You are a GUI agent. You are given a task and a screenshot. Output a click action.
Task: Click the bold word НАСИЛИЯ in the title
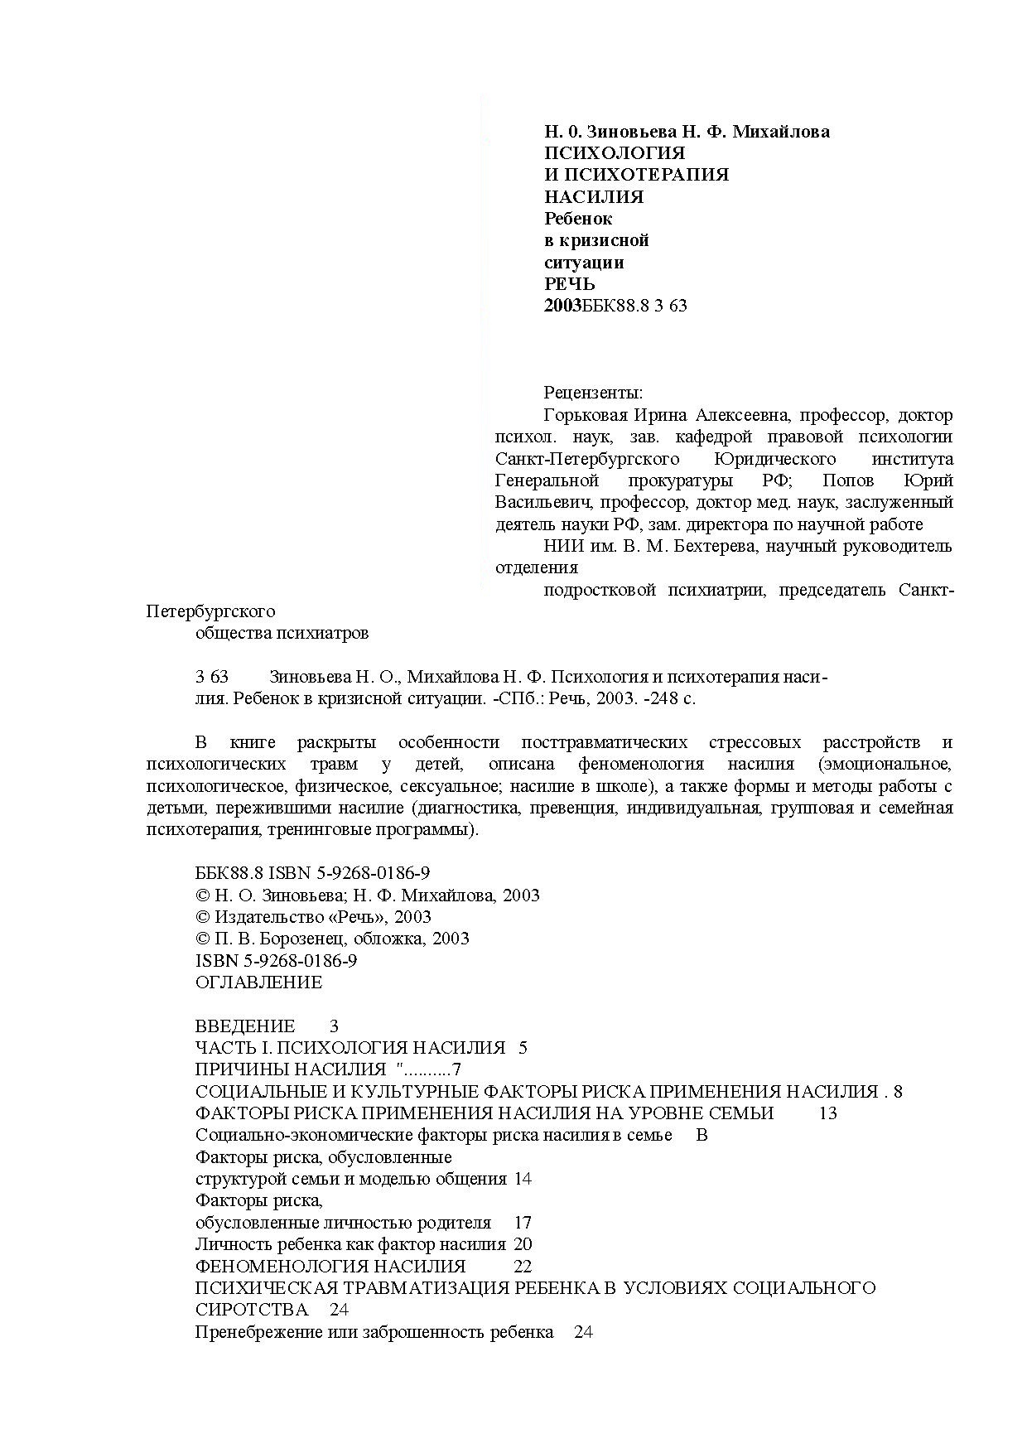[x=593, y=197]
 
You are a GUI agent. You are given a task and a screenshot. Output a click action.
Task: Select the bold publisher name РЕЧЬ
[x=570, y=284]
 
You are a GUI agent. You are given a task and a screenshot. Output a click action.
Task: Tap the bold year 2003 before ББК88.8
[x=562, y=306]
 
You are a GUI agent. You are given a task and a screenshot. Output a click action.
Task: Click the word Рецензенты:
[x=593, y=393]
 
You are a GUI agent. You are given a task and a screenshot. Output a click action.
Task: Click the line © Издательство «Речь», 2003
[x=313, y=917]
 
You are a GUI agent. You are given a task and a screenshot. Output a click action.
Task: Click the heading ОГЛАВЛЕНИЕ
[x=258, y=982]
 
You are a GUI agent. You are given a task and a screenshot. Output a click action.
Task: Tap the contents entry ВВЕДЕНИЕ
[x=244, y=1026]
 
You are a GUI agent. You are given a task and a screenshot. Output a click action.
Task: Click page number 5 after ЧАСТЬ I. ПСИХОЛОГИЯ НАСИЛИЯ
[x=523, y=1048]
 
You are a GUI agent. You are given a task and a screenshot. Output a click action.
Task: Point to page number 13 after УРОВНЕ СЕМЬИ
[x=827, y=1113]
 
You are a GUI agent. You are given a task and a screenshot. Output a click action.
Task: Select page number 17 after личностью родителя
[x=523, y=1223]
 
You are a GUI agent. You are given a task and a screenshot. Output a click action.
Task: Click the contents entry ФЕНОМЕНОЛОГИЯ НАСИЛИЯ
[x=330, y=1267]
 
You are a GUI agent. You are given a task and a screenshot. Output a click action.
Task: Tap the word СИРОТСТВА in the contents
[x=251, y=1310]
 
